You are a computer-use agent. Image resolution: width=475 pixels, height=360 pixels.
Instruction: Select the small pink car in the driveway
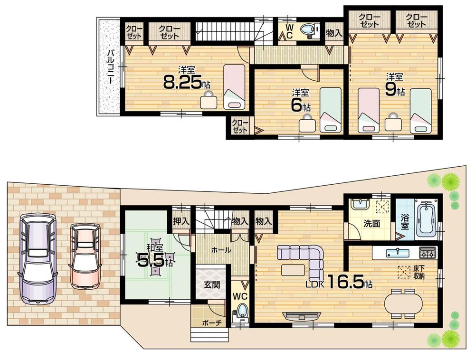coord(85,256)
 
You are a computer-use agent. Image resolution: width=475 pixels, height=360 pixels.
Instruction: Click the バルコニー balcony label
coord(109,66)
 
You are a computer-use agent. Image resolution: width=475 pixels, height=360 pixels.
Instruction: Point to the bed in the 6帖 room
coord(330,109)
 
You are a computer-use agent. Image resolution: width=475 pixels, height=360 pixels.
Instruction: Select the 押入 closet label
coord(180,221)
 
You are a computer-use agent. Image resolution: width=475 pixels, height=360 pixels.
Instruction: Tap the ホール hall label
coord(221,250)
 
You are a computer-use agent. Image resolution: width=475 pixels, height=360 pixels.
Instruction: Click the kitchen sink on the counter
coord(395,252)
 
